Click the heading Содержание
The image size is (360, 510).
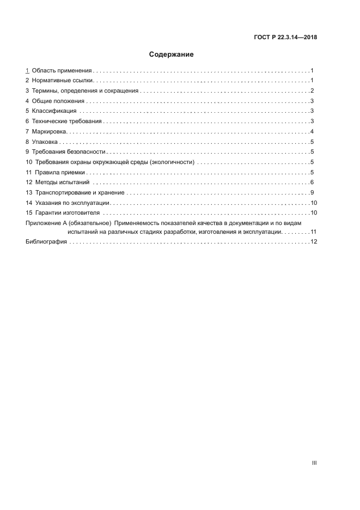coord(172,54)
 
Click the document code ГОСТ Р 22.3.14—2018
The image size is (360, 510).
coord(286,38)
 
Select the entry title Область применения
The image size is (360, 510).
coord(62,71)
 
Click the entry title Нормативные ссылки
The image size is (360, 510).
coord(63,81)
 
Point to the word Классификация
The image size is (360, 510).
coord(54,111)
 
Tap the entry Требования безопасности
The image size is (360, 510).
coord(69,152)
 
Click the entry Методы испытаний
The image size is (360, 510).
coord(63,182)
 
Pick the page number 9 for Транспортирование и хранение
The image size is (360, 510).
coord(312,192)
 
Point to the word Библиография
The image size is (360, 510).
coord(46,242)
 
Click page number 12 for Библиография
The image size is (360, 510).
coord(313,242)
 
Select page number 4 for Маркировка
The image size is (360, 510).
coord(312,131)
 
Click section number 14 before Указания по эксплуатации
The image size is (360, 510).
coord(29,203)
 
